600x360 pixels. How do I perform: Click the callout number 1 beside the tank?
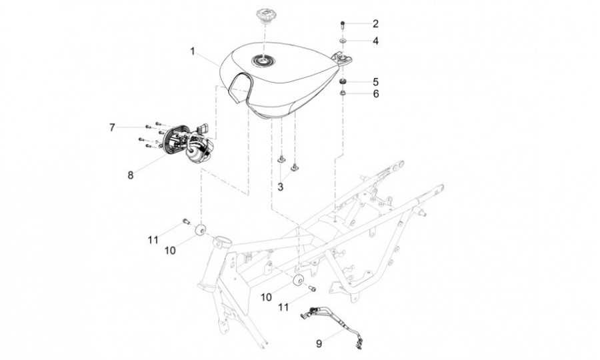[x=192, y=51]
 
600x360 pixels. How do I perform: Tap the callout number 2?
[x=375, y=23]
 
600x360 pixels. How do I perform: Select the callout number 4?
[x=375, y=41]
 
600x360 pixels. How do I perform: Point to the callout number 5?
[x=375, y=81]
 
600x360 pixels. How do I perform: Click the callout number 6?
[x=375, y=94]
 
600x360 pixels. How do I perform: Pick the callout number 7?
[x=113, y=126]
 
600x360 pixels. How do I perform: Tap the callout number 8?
[x=131, y=175]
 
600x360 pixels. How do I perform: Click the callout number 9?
[x=319, y=344]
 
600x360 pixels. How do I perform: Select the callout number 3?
[x=281, y=187]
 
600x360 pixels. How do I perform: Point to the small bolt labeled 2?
[x=342, y=25]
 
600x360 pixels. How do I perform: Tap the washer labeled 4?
[x=342, y=41]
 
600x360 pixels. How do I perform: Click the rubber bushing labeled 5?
[x=342, y=81]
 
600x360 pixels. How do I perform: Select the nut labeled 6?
[x=342, y=93]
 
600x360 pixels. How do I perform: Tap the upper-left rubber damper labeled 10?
[x=199, y=231]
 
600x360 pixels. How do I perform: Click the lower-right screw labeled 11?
[x=311, y=289]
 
